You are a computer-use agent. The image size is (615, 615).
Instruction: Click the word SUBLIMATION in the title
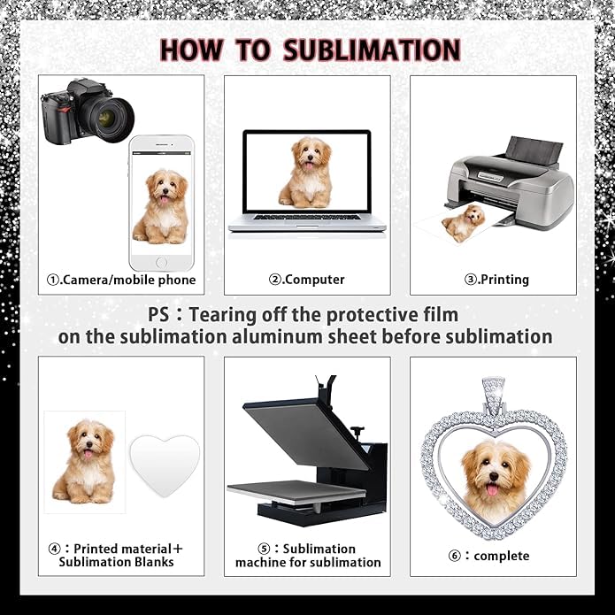tap(372, 50)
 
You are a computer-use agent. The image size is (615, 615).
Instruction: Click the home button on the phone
tap(161, 262)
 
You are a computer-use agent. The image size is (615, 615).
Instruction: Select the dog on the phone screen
tap(161, 206)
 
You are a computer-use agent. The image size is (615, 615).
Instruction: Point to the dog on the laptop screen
tap(306, 172)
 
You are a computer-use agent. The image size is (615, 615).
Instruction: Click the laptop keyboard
tap(307, 217)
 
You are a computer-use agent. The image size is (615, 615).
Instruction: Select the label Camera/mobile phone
tap(121, 280)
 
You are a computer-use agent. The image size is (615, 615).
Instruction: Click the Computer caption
tap(307, 280)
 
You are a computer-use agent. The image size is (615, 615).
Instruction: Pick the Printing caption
tap(496, 280)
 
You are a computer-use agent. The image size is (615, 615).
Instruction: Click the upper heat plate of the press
tap(306, 434)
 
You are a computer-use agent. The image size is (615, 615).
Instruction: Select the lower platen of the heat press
tap(296, 492)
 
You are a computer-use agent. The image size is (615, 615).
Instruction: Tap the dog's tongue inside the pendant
tap(492, 489)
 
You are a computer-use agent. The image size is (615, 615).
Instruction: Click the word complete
tap(502, 556)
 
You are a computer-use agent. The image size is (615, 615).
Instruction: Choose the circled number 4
tap(54, 549)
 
